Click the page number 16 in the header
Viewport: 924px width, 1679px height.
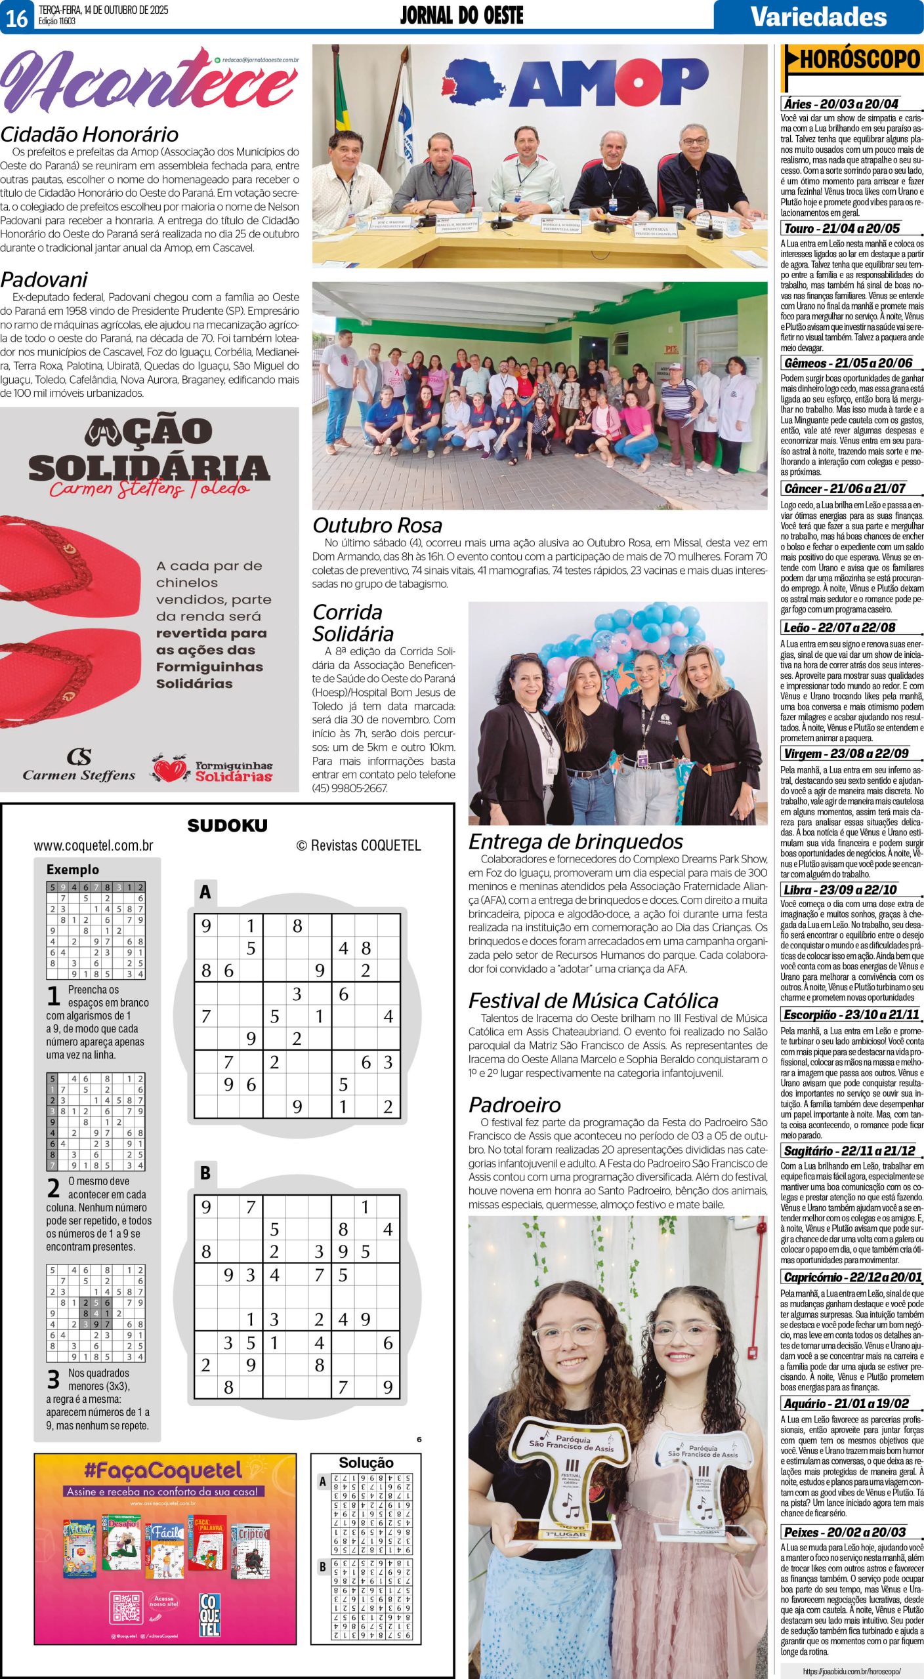[x=17, y=18]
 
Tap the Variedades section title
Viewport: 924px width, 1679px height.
[x=818, y=16]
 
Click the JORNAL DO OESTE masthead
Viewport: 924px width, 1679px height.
[x=461, y=16]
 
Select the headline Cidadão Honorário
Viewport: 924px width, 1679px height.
[x=89, y=134]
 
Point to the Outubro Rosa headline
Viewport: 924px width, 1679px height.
[x=377, y=525]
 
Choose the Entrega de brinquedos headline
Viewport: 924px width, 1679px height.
[x=576, y=841]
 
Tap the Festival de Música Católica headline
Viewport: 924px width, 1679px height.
[x=593, y=1000]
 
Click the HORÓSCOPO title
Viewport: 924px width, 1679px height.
[x=860, y=60]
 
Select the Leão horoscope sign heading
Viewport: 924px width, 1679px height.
[x=839, y=627]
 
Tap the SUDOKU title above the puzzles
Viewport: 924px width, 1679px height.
[x=227, y=826]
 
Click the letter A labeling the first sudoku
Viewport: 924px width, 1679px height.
[x=205, y=892]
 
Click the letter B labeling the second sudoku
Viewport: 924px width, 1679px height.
[x=205, y=1173]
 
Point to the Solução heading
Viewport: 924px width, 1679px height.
[x=366, y=1463]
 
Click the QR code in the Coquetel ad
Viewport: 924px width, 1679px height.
[x=127, y=1607]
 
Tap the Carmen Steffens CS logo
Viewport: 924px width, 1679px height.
[x=79, y=757]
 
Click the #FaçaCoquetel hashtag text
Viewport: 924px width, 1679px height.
[x=163, y=1470]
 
